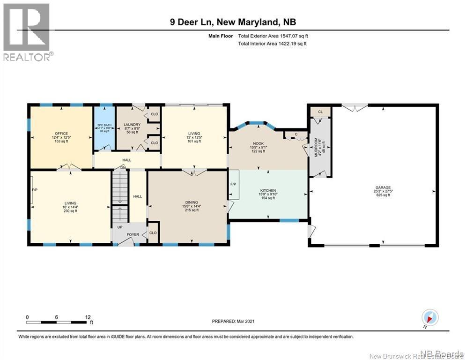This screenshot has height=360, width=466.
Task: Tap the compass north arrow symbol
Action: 429,317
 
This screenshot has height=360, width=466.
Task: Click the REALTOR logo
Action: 27,32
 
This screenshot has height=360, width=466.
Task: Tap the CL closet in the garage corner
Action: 320,112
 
